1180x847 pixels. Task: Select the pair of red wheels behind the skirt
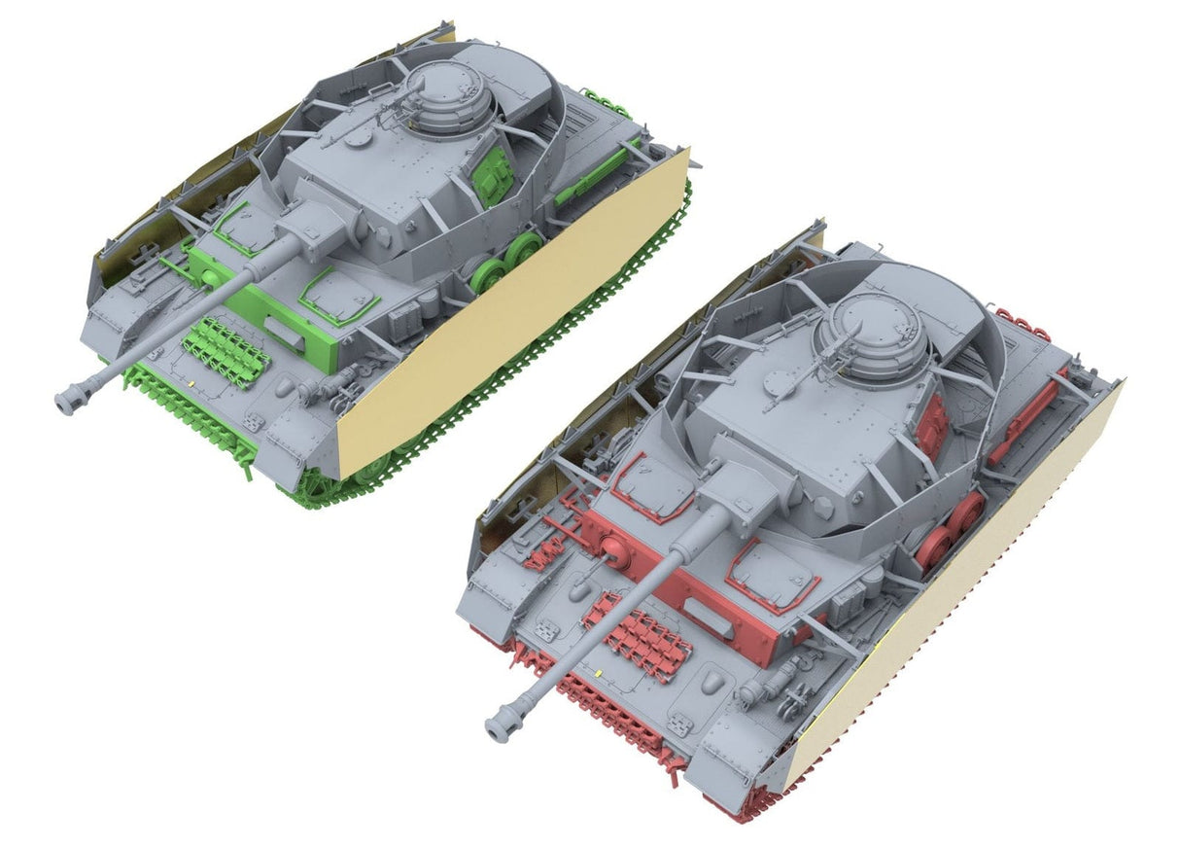(951, 528)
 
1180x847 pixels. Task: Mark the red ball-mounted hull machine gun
(614, 557)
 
